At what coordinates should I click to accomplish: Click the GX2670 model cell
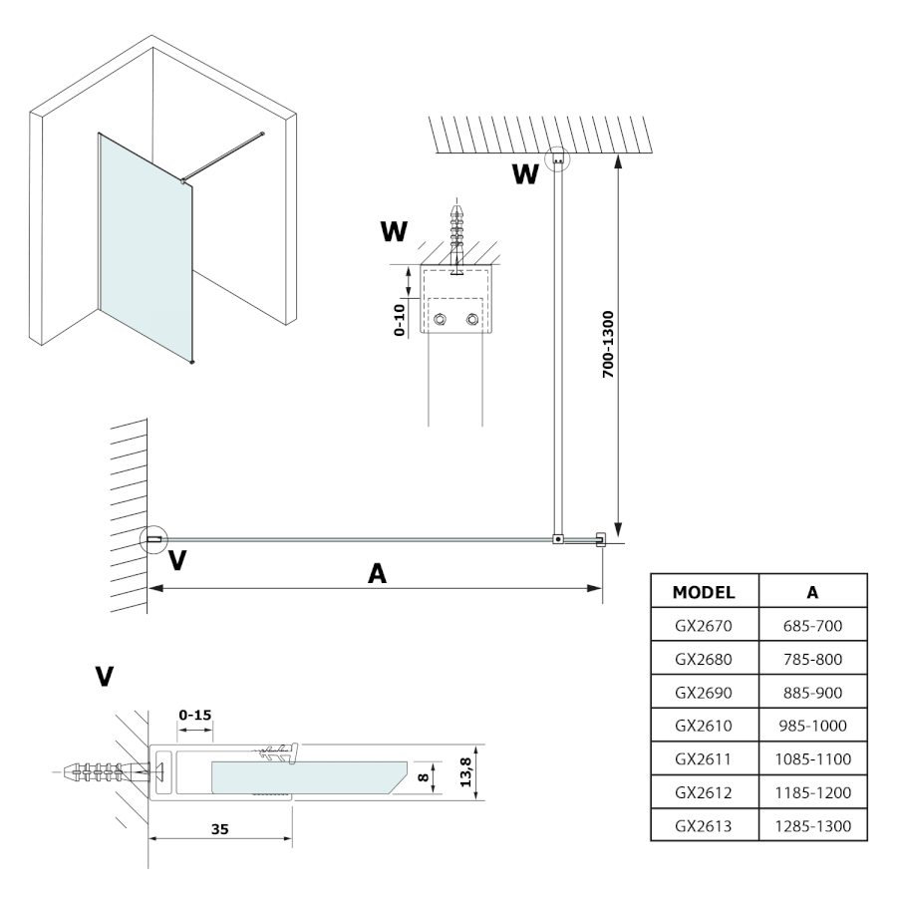click(x=704, y=629)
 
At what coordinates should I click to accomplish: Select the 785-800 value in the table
click(x=812, y=662)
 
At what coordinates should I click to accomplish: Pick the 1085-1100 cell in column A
click(x=812, y=759)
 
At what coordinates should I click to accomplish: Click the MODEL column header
click(x=704, y=591)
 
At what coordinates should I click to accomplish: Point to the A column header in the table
click(x=812, y=591)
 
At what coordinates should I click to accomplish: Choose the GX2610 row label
click(x=704, y=727)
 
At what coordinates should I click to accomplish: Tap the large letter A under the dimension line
click(x=376, y=574)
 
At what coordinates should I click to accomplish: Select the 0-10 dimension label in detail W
click(x=400, y=321)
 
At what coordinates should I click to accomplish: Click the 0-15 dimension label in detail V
click(x=194, y=715)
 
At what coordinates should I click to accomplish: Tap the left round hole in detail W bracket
click(x=440, y=321)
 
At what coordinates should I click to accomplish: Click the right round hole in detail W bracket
click(x=472, y=321)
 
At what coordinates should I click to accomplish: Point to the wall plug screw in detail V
click(x=100, y=771)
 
